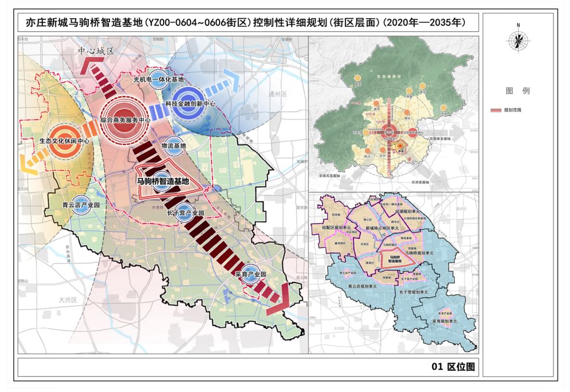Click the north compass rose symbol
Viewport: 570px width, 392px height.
518,39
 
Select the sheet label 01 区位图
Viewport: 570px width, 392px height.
453,367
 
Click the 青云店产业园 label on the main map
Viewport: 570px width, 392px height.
81,205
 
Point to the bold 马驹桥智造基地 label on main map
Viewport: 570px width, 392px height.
162,181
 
